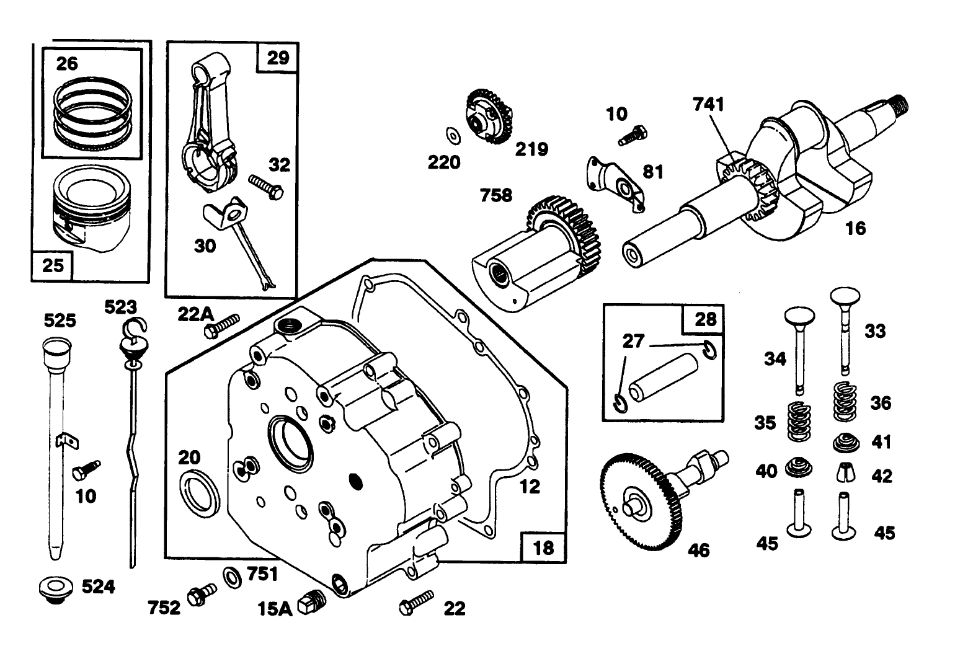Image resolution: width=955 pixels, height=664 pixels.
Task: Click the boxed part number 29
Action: tap(277, 58)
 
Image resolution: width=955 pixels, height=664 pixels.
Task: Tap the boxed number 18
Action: tap(543, 547)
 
